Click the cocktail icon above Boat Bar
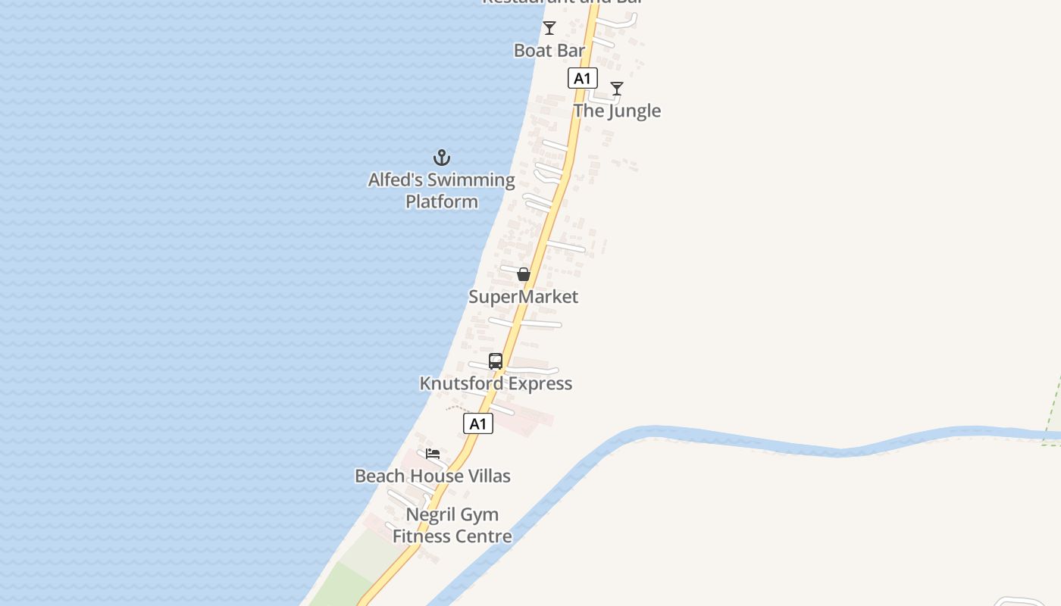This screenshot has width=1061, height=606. click(549, 29)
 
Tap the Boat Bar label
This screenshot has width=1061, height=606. click(549, 51)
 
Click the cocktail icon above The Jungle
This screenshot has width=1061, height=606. click(617, 89)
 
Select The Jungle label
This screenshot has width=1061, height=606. click(617, 111)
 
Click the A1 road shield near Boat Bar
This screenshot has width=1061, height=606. click(582, 78)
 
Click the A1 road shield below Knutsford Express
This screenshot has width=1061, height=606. click(477, 423)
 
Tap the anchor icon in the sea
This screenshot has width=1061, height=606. click(442, 158)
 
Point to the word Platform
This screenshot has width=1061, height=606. click(442, 201)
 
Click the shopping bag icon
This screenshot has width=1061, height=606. click(524, 274)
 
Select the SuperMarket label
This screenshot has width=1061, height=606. click(523, 296)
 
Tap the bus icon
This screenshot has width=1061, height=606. click(496, 361)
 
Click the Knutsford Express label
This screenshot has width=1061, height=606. click(496, 383)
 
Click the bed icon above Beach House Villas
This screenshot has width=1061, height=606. click(433, 454)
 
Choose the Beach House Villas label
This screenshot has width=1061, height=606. click(433, 476)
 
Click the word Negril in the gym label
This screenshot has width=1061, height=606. click(430, 514)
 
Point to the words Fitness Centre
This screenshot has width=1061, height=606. click(452, 536)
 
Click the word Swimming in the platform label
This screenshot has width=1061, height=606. click(471, 180)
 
